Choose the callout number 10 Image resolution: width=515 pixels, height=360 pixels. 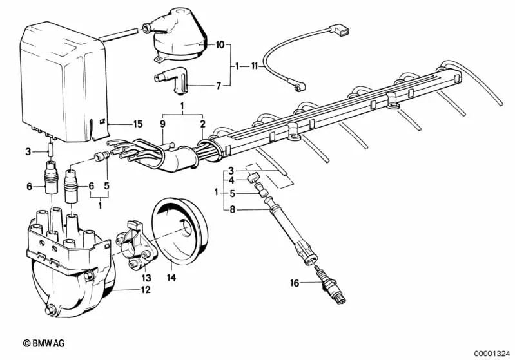point(220,45)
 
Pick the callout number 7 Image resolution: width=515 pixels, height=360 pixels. point(219,85)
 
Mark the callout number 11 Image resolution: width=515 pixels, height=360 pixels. point(255,66)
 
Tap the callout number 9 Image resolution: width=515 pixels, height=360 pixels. point(163,123)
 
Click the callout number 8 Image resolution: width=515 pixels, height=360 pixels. point(233,209)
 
